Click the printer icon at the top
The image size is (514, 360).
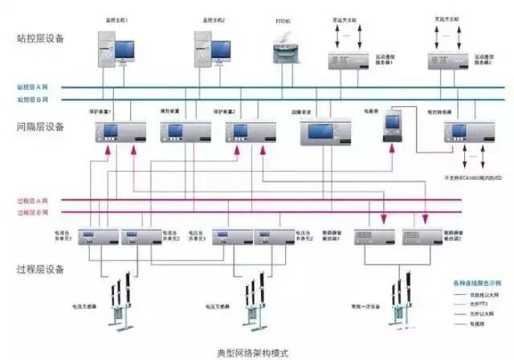tap(283, 53)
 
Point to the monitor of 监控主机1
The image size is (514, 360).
tap(124, 50)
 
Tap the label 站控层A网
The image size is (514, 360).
tap(32, 87)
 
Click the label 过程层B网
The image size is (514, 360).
tap(32, 212)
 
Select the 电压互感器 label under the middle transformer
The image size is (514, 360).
tap(217, 307)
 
